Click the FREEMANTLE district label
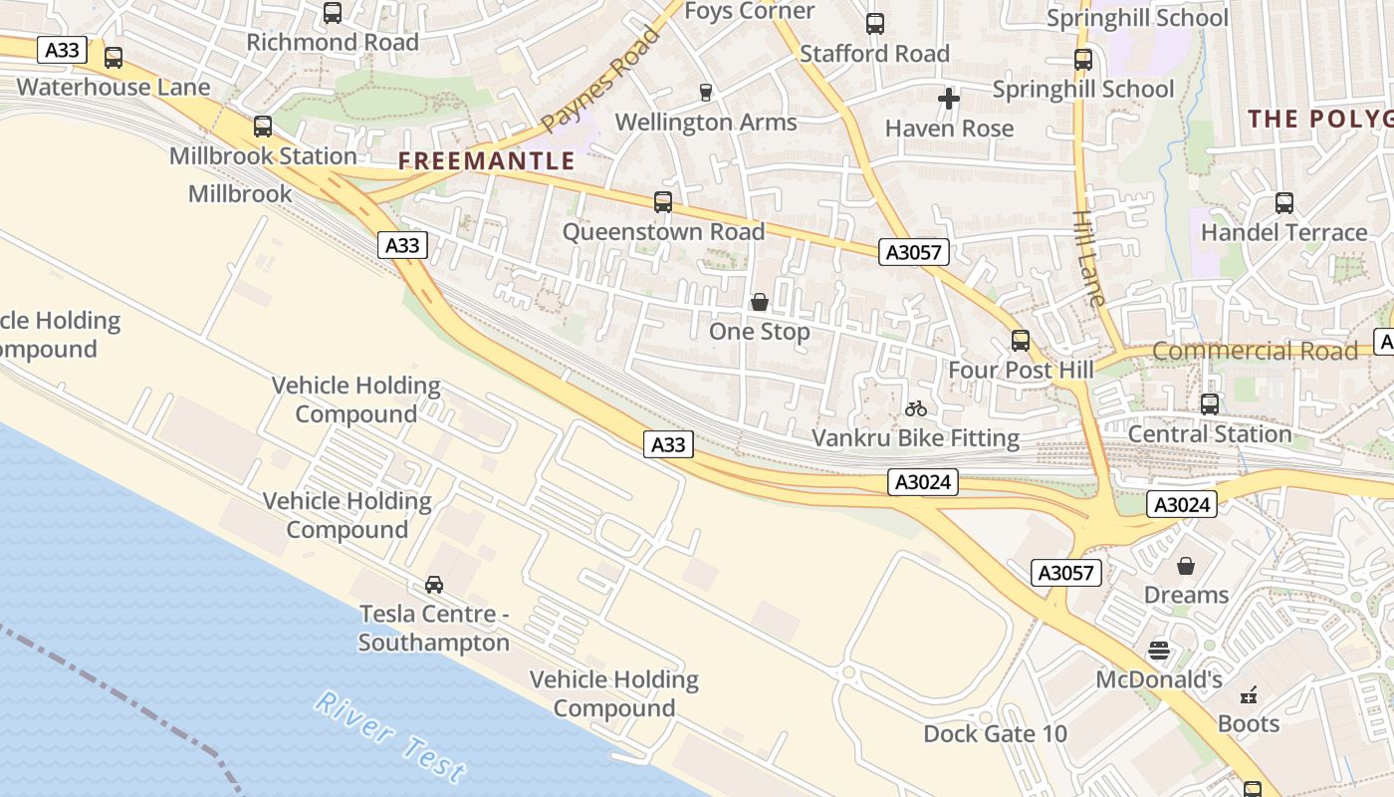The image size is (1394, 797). pos(487,160)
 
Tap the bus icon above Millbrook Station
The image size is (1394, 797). pos(263,127)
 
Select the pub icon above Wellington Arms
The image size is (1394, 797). pos(706,93)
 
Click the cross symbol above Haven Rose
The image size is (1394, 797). pos(949,99)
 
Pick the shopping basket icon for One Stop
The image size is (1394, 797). pos(760,302)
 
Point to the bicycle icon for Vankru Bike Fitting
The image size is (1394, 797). pos(916,408)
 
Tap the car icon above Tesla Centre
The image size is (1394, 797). pos(434,585)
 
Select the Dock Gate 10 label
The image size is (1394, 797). pos(995,734)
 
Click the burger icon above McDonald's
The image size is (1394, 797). pos(1158,651)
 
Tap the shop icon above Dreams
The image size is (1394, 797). pos(1186,566)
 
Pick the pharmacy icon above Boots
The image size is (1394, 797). pos(1249,694)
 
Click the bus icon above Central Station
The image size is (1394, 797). pos(1210,404)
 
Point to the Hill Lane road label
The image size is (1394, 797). pos(1089,257)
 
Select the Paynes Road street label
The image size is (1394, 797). pos(601,80)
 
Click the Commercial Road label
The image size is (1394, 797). pos(1255,351)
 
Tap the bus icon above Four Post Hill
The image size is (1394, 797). pos(1021,341)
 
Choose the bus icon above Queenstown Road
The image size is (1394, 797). pos(663,202)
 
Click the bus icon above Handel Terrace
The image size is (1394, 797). pos(1284,203)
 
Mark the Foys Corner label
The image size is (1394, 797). pos(750,11)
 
